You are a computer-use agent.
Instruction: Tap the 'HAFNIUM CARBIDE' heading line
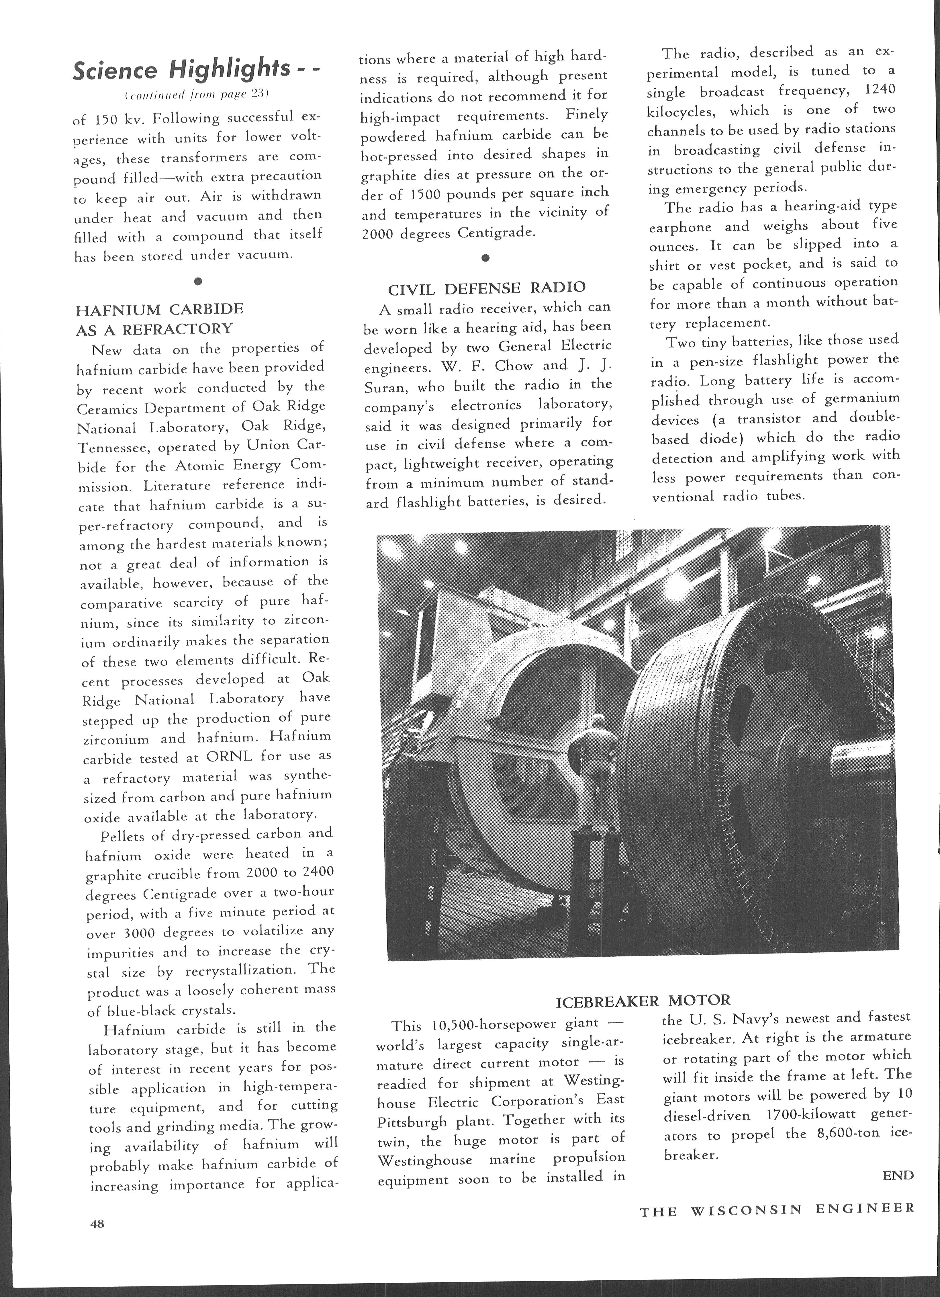160,309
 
